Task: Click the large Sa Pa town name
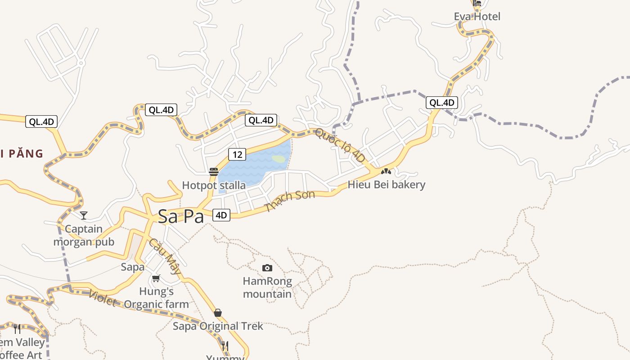click(180, 216)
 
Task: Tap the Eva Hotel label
click(477, 17)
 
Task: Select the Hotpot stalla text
click(214, 185)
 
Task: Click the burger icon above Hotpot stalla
click(214, 172)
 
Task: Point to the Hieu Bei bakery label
click(387, 184)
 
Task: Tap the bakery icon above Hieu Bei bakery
click(386, 171)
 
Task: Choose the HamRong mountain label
click(267, 288)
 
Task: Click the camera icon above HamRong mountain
click(267, 268)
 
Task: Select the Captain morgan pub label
click(84, 235)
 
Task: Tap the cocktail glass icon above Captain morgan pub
click(84, 216)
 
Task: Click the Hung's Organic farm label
click(156, 298)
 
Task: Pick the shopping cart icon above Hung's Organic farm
click(156, 279)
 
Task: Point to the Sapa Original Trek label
click(218, 326)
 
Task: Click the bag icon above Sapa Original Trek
click(218, 313)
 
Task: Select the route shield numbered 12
click(237, 154)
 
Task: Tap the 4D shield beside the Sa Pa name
click(221, 215)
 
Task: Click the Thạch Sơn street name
click(290, 201)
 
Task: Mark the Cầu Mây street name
click(165, 256)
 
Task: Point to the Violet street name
click(103, 298)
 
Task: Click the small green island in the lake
click(279, 159)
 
